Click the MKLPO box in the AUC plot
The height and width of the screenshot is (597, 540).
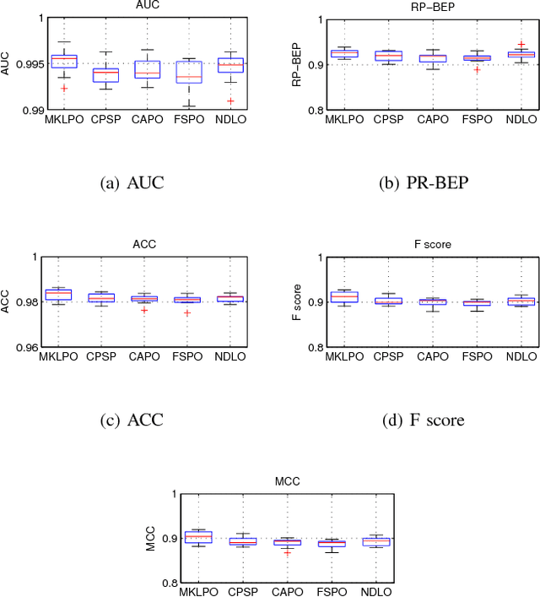[x=63, y=61]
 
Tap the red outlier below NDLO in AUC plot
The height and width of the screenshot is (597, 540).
[x=230, y=100]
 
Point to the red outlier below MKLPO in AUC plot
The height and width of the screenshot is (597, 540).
[x=63, y=88]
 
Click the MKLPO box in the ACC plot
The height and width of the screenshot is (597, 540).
[x=63, y=294]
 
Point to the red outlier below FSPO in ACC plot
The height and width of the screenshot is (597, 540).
[x=186, y=312]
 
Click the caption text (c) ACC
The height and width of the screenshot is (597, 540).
[x=125, y=420]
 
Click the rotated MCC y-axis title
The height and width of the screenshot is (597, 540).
[x=148, y=538]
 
